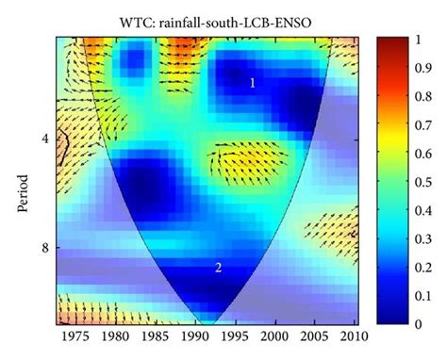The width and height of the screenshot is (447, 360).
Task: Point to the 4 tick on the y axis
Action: (x=45, y=139)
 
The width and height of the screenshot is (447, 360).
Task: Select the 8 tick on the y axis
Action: (x=45, y=248)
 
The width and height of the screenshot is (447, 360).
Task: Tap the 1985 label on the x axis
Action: (x=155, y=336)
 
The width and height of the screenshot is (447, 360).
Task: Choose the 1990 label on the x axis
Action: (x=194, y=336)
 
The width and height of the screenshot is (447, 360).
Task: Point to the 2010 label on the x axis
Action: (x=348, y=336)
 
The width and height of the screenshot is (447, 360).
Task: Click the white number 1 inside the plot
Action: (x=252, y=84)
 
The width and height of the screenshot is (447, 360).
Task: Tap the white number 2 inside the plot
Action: (x=218, y=268)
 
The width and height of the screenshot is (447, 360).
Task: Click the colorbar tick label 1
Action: (x=421, y=40)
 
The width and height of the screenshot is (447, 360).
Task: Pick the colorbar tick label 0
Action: (x=421, y=323)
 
